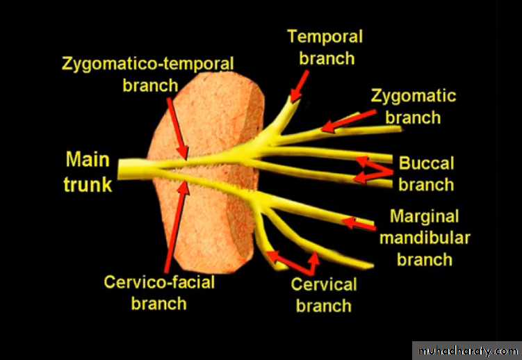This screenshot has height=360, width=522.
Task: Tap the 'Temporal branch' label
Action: pyautogui.click(x=325, y=47)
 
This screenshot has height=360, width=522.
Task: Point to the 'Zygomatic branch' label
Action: pyautogui.click(x=414, y=106)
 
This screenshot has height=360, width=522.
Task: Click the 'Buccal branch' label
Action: pyautogui.click(x=426, y=174)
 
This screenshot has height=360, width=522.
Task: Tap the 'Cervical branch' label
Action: pyautogui.click(x=323, y=294)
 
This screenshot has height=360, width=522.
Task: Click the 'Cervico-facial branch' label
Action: pyautogui.click(x=159, y=293)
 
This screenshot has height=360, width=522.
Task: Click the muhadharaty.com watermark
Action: pyautogui.click(x=466, y=348)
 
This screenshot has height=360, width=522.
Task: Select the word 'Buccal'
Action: pyautogui.click(x=426, y=163)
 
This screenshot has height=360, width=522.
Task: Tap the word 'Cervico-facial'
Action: pyautogui.click(x=159, y=282)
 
